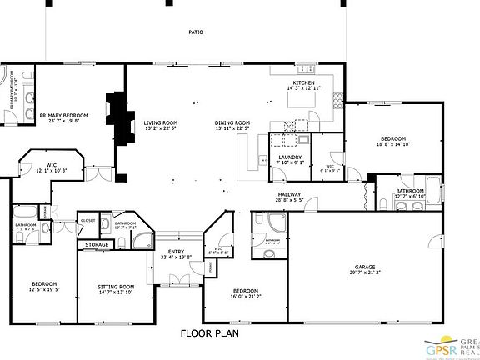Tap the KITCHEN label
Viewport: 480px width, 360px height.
(x=302, y=83)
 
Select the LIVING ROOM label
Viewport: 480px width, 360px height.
(x=162, y=122)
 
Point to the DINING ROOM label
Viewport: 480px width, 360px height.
(x=232, y=122)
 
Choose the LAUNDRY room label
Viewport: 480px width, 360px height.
(x=290, y=157)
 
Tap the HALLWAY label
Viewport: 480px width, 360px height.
(x=289, y=197)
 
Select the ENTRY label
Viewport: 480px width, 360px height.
(x=176, y=252)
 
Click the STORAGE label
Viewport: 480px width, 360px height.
(x=96, y=245)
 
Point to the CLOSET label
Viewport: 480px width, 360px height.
(x=88, y=221)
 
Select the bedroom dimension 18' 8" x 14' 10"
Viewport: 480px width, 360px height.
(x=393, y=144)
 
